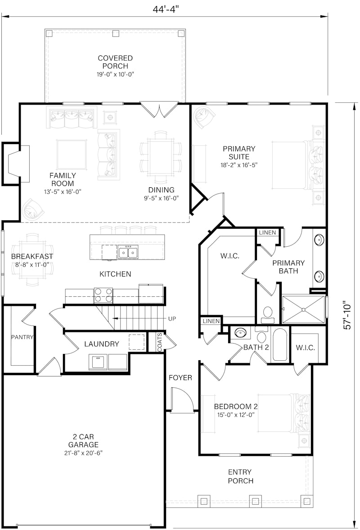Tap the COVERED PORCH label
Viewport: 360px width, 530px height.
115,62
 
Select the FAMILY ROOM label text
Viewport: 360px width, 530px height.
63,179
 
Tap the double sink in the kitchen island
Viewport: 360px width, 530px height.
128,252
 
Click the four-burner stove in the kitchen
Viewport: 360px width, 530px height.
103,296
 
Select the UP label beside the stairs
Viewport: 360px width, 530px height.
172,319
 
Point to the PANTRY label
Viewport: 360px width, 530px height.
22,337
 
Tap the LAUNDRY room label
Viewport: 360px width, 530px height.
102,344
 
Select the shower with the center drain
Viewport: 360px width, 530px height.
303,309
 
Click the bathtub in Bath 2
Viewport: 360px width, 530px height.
280,345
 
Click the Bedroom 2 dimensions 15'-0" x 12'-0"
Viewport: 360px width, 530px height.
235,415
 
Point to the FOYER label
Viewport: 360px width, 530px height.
180,378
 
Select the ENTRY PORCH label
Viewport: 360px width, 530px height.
240,476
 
